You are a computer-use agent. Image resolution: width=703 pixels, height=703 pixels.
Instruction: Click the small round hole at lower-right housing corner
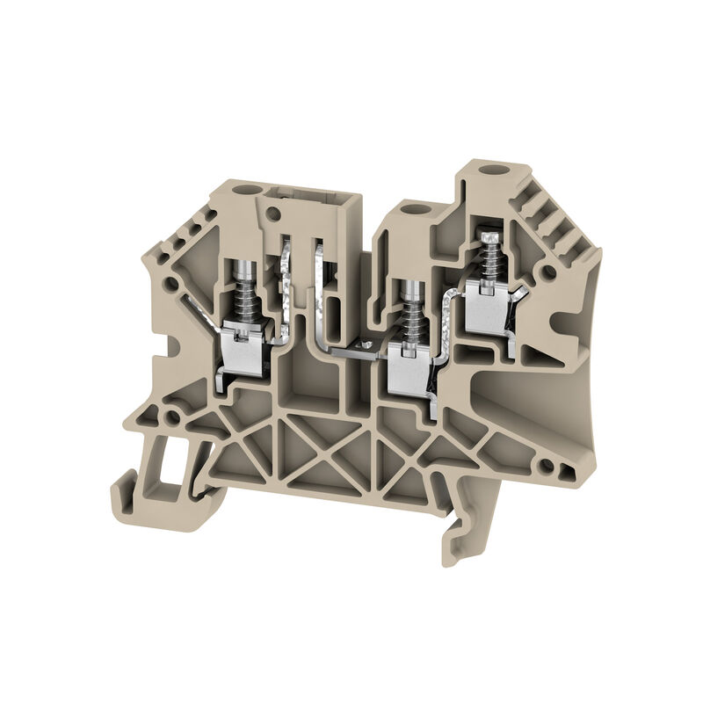click(547, 465)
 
